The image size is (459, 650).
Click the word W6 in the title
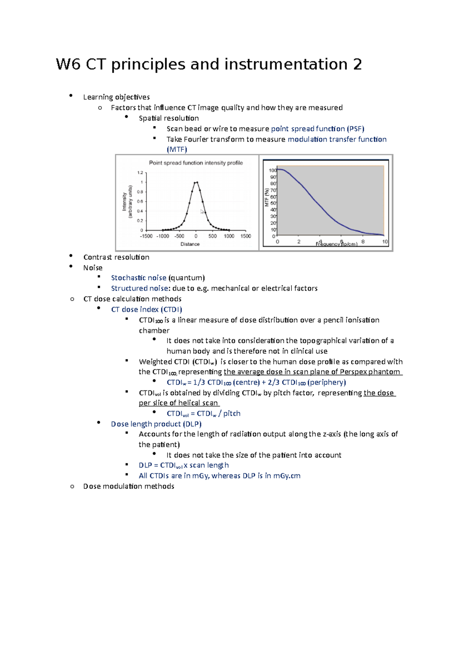tap(68, 64)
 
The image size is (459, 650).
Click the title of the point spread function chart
tap(196, 163)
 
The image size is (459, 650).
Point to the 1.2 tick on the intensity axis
tap(140, 173)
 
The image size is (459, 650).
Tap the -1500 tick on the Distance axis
tap(146, 236)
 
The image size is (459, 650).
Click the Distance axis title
tap(190, 244)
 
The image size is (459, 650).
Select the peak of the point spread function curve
tap(196, 183)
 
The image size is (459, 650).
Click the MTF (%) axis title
tap(267, 198)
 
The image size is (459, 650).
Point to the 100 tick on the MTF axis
tap(272, 170)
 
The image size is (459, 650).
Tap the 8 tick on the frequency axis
tap(363, 242)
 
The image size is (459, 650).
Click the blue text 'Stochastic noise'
tap(138, 278)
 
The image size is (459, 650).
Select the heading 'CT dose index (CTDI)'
tap(146, 309)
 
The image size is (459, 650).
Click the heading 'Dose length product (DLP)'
tap(156, 424)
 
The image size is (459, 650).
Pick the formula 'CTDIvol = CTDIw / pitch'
tap(203, 413)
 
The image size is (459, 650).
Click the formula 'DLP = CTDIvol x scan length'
tap(184, 465)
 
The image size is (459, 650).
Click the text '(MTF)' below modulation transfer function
tap(177, 149)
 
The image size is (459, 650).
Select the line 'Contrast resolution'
tap(116, 257)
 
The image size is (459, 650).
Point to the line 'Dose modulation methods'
tap(129, 486)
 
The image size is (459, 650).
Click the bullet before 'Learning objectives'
tap(71, 96)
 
